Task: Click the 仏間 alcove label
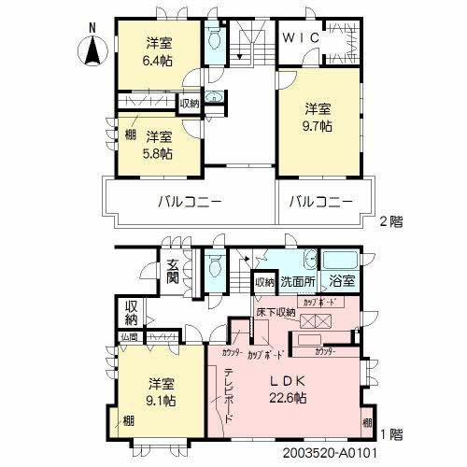tap(128, 336)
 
